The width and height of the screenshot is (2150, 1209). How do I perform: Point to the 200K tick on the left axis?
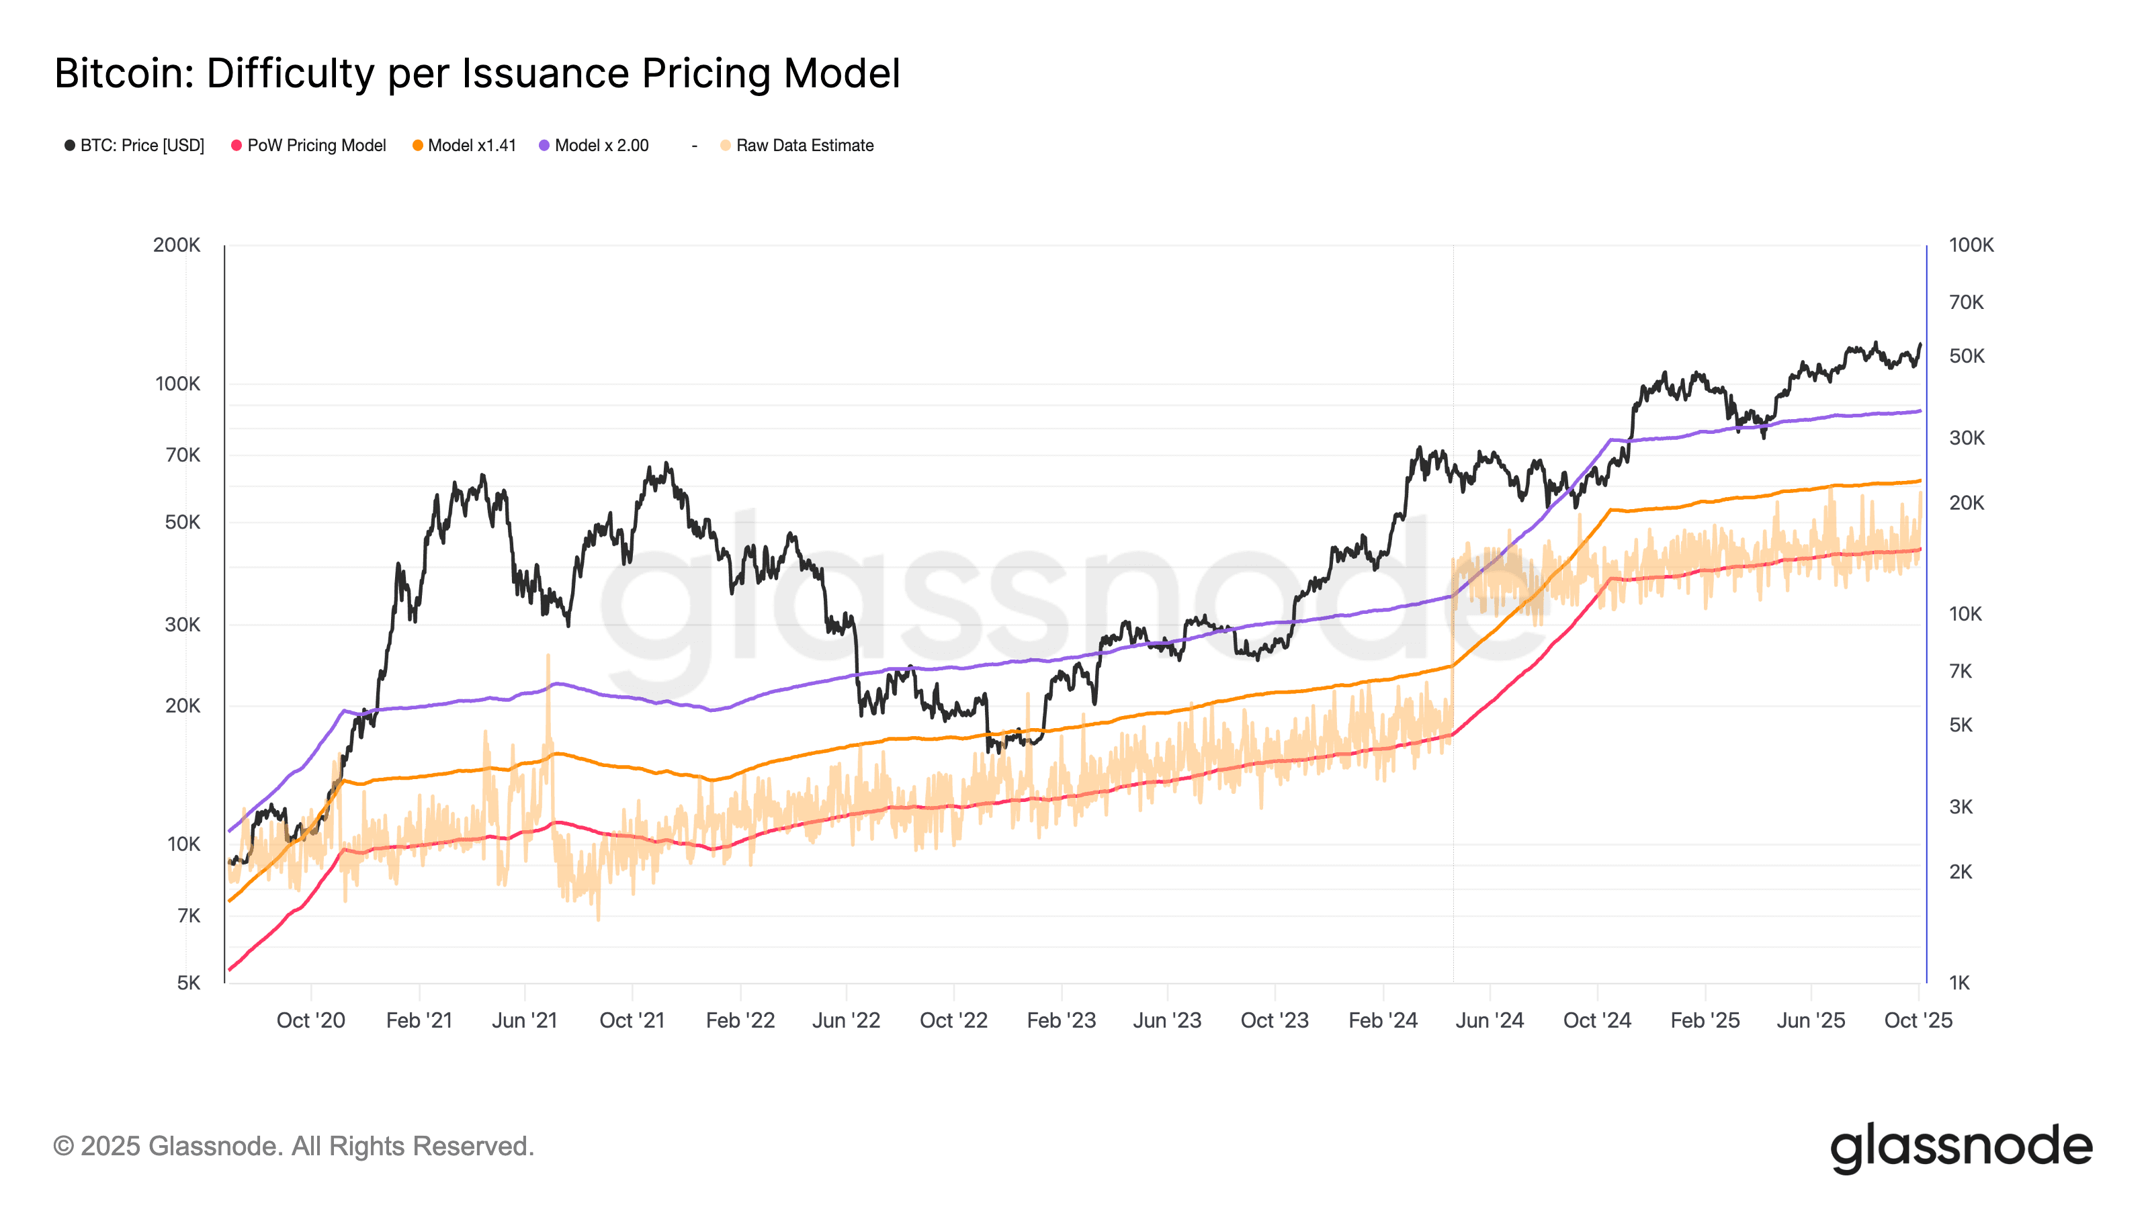[177, 245]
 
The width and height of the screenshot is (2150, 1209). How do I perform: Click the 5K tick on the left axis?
[189, 983]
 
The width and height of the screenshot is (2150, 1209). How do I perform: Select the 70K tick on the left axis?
[183, 455]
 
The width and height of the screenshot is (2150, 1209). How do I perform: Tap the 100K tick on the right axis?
[1971, 245]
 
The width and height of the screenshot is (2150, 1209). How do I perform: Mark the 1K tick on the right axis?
[1959, 983]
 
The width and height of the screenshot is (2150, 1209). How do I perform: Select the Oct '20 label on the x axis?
[310, 1020]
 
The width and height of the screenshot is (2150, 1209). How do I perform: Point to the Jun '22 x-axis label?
[847, 1020]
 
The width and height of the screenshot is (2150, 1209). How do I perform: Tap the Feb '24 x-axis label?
[1383, 1020]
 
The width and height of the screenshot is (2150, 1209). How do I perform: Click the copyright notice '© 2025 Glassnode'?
[293, 1147]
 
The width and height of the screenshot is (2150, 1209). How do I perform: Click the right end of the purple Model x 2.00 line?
[1920, 410]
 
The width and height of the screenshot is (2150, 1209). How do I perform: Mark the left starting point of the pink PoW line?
[230, 969]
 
